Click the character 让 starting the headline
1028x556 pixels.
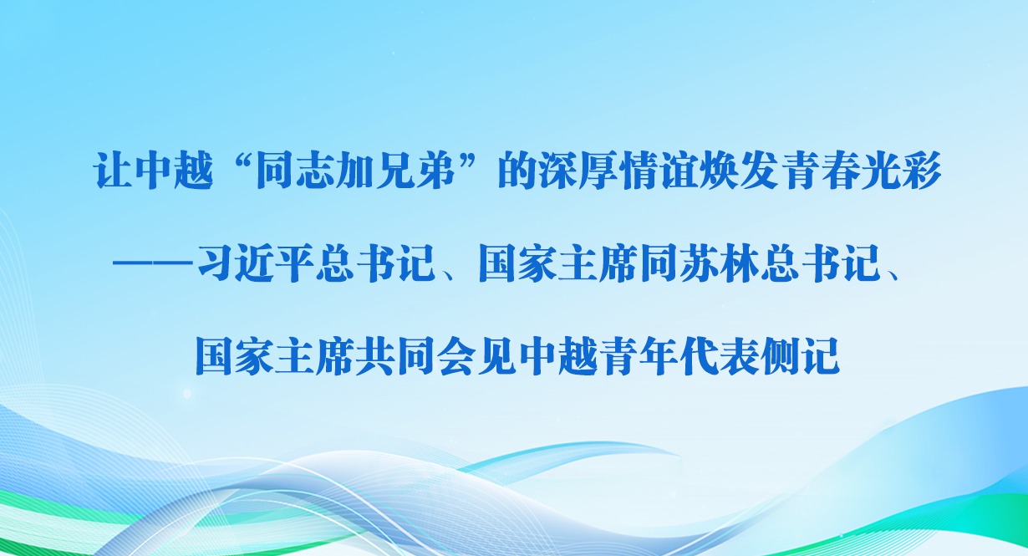pyautogui.click(x=112, y=171)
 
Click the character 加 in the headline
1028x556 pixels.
pyautogui.click(x=354, y=171)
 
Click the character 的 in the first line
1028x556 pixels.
pyautogui.click(x=517, y=171)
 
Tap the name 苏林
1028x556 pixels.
pyautogui.click(x=718, y=263)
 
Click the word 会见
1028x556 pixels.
pyautogui.click(x=477, y=357)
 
